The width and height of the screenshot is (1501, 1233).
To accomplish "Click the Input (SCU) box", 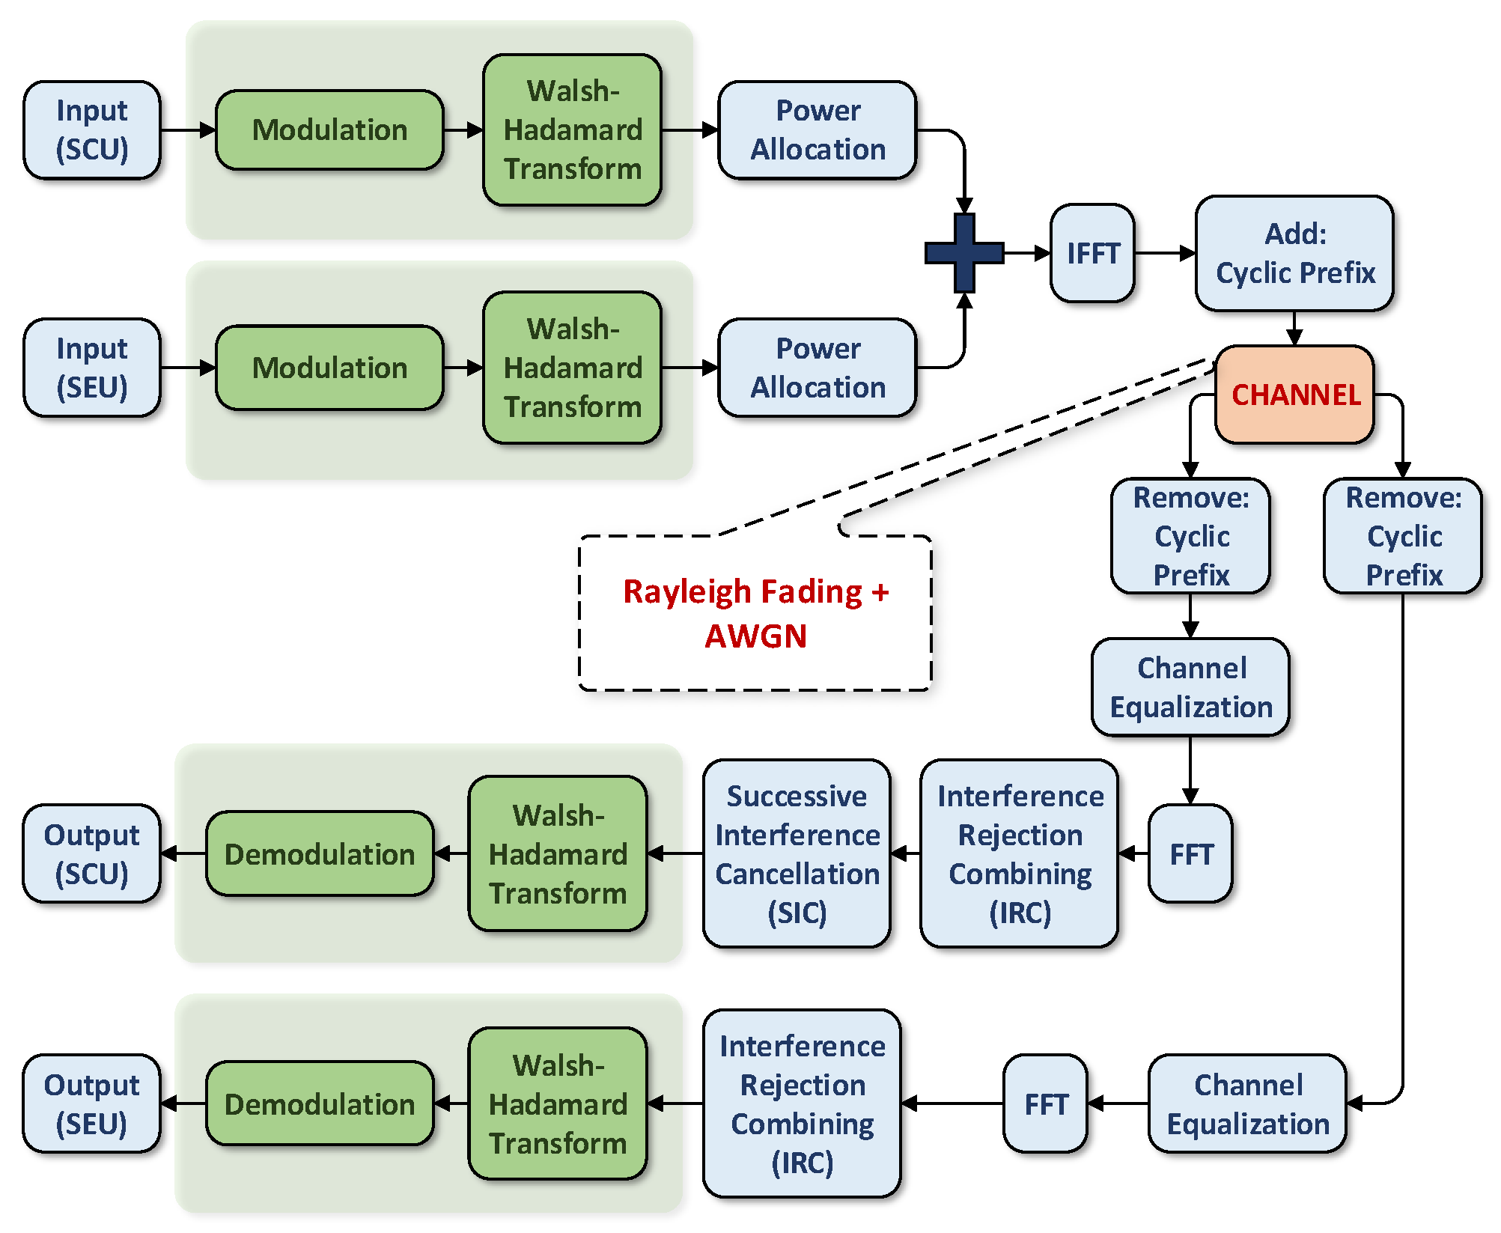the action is (x=92, y=130).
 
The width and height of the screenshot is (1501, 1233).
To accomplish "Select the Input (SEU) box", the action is (x=92, y=368).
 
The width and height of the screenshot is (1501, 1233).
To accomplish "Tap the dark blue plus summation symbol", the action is (x=964, y=253).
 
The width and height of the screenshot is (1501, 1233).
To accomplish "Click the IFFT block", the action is (x=1092, y=253).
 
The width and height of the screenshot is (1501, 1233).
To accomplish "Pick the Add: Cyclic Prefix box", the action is (x=1294, y=253).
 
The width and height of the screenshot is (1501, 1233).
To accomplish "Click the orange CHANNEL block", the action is (x=1294, y=395).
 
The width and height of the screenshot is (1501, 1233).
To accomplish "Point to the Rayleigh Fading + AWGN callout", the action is (x=755, y=613).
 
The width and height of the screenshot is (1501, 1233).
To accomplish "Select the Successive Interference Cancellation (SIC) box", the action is (x=797, y=853).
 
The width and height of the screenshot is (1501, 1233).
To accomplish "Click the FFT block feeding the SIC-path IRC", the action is (x=1190, y=853).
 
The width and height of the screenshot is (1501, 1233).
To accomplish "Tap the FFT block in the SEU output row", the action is (x=1045, y=1103).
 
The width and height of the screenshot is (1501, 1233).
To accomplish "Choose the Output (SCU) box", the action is (x=91, y=853).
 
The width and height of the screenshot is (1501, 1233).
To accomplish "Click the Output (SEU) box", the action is (x=91, y=1103).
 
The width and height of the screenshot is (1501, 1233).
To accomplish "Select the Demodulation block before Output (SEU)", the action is (x=320, y=1103).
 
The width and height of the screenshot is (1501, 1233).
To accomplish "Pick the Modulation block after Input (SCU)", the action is (x=329, y=130).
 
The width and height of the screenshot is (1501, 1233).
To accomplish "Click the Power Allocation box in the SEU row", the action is (x=818, y=368).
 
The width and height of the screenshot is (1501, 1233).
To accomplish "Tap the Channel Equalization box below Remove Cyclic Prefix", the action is (x=1190, y=687).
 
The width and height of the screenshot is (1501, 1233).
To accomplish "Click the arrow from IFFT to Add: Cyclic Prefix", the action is (x=1166, y=253).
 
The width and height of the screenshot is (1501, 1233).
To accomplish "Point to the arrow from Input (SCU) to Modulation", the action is (x=188, y=130).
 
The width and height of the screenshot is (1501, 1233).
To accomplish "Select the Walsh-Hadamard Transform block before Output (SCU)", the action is (x=558, y=853).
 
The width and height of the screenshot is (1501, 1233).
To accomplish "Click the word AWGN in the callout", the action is (x=755, y=636).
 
